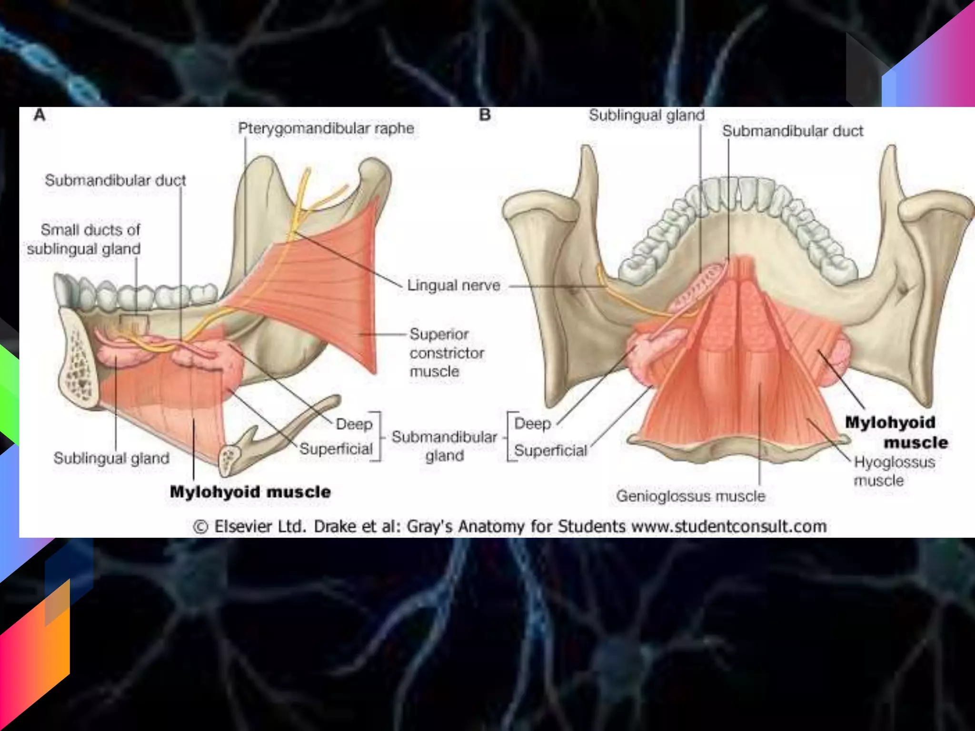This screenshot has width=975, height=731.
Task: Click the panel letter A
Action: coord(40,115)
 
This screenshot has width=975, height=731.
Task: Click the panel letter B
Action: coord(485,115)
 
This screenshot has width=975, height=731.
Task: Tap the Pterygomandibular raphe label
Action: coord(326,128)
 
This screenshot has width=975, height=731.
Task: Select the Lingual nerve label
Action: coord(454,286)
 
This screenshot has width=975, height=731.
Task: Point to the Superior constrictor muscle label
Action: coord(446,353)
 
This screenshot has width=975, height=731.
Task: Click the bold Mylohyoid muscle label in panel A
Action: coord(250,492)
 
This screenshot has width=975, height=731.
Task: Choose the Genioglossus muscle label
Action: coord(690,496)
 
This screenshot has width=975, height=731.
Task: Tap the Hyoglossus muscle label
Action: coord(894,471)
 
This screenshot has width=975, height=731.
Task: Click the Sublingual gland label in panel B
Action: coord(647,115)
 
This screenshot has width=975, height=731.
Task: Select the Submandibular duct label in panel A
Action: coord(115,180)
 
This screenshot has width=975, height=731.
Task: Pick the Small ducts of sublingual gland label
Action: coord(85,239)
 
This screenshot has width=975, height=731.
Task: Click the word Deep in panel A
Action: coord(354,424)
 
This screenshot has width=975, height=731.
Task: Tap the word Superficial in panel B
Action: coord(550,450)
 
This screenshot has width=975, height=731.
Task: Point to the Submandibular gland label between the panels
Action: coord(444,446)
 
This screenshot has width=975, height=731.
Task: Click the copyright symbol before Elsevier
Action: coord(201,527)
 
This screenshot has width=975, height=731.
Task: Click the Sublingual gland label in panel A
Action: coord(111,458)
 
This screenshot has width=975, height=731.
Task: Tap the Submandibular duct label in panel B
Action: coord(793,131)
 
